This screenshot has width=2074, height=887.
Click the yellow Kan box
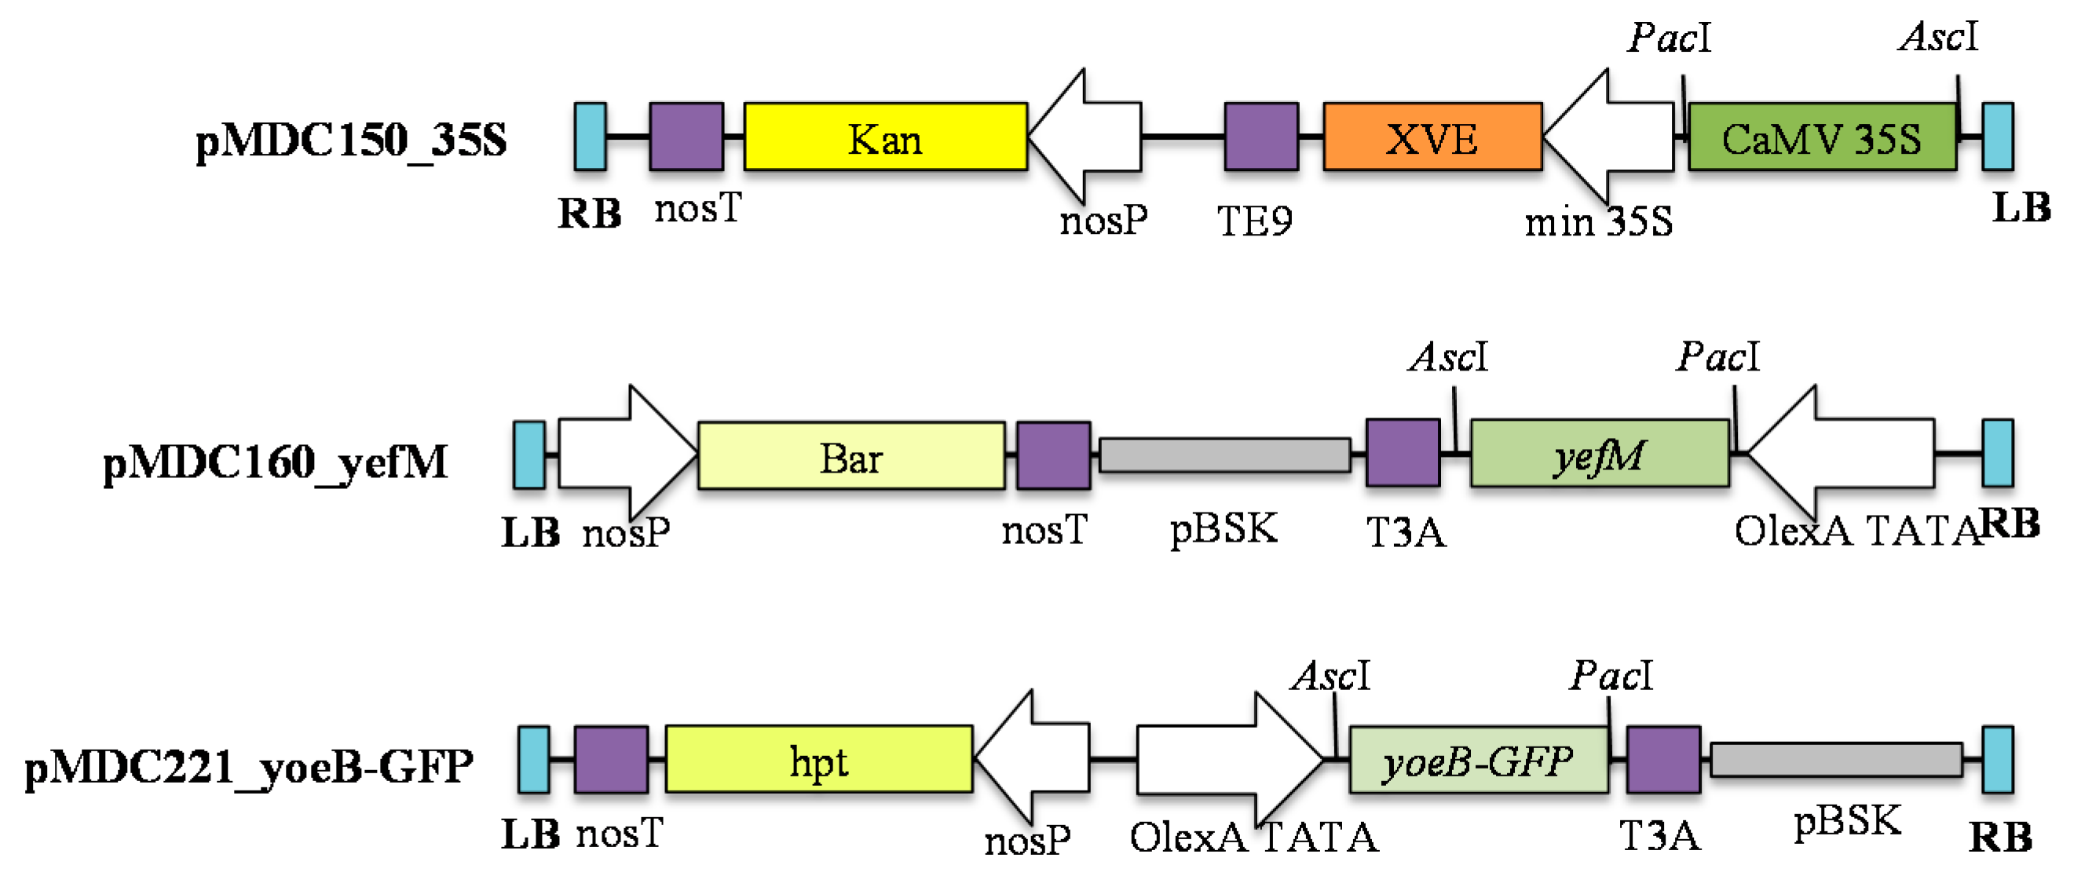885,136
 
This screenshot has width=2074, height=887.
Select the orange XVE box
1432,136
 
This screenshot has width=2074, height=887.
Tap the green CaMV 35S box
1822,136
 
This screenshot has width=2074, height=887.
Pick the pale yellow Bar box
851,455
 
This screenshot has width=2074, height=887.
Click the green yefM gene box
1599,454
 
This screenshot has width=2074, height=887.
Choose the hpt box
819,759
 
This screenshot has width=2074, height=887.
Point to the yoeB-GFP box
1478,760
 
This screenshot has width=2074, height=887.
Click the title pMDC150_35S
351,140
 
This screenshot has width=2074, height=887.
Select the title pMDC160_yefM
276,463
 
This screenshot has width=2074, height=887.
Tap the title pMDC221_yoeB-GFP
249,765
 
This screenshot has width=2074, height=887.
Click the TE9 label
1254,221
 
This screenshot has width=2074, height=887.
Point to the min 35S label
1598,221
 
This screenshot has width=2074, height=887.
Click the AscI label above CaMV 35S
1937,37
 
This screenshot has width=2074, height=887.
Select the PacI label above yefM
1717,356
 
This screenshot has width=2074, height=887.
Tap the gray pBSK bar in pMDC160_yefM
1224,454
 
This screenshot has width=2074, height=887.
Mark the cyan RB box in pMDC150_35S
590,136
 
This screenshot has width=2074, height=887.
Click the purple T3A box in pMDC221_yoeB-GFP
1663,759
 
